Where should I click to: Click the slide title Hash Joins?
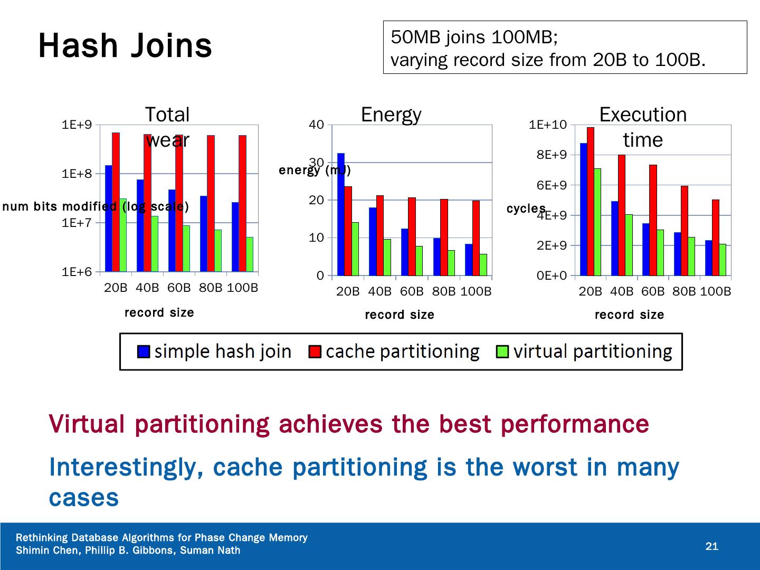[125, 45]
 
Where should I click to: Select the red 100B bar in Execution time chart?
[716, 237]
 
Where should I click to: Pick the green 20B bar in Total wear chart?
[123, 235]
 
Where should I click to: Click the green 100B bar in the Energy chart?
[483, 264]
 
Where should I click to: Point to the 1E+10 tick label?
[547, 125]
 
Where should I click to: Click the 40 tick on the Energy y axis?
[316, 125]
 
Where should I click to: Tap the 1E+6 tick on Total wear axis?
[77, 272]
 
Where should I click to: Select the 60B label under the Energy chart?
[412, 291]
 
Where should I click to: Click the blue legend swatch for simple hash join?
[144, 351]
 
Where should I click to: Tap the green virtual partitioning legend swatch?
[503, 351]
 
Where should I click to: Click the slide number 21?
[712, 546]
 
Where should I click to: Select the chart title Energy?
[391, 115]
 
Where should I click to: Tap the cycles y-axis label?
[526, 209]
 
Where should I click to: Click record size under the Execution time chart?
[629, 315]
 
